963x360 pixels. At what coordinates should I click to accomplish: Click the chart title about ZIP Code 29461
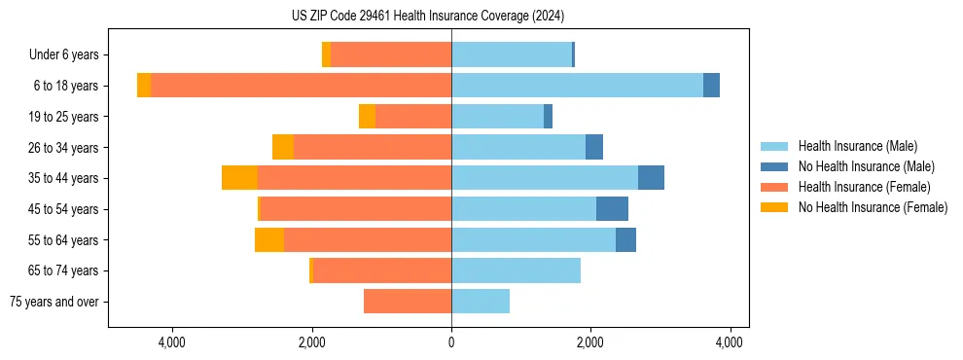[428, 17]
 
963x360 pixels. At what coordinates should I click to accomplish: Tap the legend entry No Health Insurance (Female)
[873, 207]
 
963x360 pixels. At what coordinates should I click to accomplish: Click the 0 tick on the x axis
[451, 342]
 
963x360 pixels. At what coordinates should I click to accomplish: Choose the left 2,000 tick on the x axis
[311, 342]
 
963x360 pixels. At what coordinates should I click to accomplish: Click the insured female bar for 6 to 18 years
[301, 86]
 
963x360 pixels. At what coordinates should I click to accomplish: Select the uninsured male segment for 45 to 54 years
[612, 209]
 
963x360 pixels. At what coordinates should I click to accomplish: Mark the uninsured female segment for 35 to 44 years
[239, 178]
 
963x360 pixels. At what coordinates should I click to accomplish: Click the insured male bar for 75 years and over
[481, 302]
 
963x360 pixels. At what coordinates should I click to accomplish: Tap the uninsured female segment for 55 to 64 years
[269, 240]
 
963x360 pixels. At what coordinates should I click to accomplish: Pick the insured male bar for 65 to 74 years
[516, 270]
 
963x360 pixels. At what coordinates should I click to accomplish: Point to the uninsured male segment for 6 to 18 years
[711, 86]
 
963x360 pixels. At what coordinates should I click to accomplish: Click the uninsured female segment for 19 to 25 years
[367, 117]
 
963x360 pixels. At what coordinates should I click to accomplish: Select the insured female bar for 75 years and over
[408, 302]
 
